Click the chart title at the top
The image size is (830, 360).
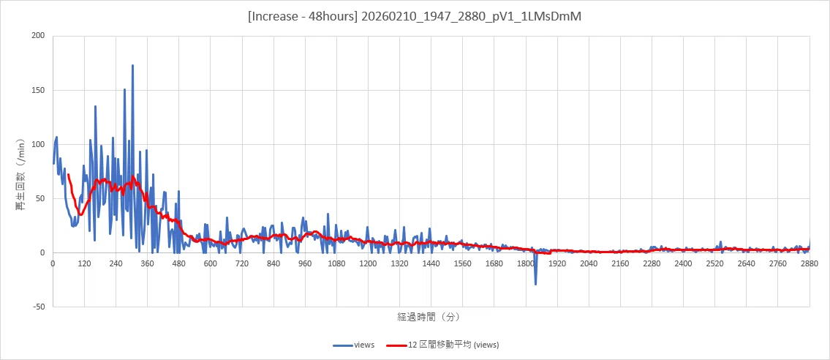click(x=415, y=17)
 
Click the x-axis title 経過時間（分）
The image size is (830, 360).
click(x=429, y=317)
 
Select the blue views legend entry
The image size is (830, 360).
click(x=354, y=345)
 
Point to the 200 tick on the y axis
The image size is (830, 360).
click(x=37, y=36)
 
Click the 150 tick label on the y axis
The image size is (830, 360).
click(x=37, y=90)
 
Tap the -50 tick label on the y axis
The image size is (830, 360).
click(x=37, y=307)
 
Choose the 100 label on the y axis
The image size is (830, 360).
click(x=37, y=144)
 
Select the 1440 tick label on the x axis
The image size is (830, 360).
click(x=431, y=263)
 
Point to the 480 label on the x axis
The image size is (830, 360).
click(x=179, y=263)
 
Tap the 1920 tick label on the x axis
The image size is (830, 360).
click(x=557, y=263)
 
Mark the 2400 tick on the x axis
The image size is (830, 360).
click(x=683, y=263)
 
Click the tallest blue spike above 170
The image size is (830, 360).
click(x=132, y=66)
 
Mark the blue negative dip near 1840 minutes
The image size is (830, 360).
click(x=536, y=285)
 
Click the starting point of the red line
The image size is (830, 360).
click(x=68, y=175)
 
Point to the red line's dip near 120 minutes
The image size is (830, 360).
click(x=80, y=214)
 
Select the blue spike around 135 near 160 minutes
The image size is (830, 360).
click(x=95, y=106)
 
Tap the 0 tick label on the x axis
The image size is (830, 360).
click(x=53, y=263)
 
